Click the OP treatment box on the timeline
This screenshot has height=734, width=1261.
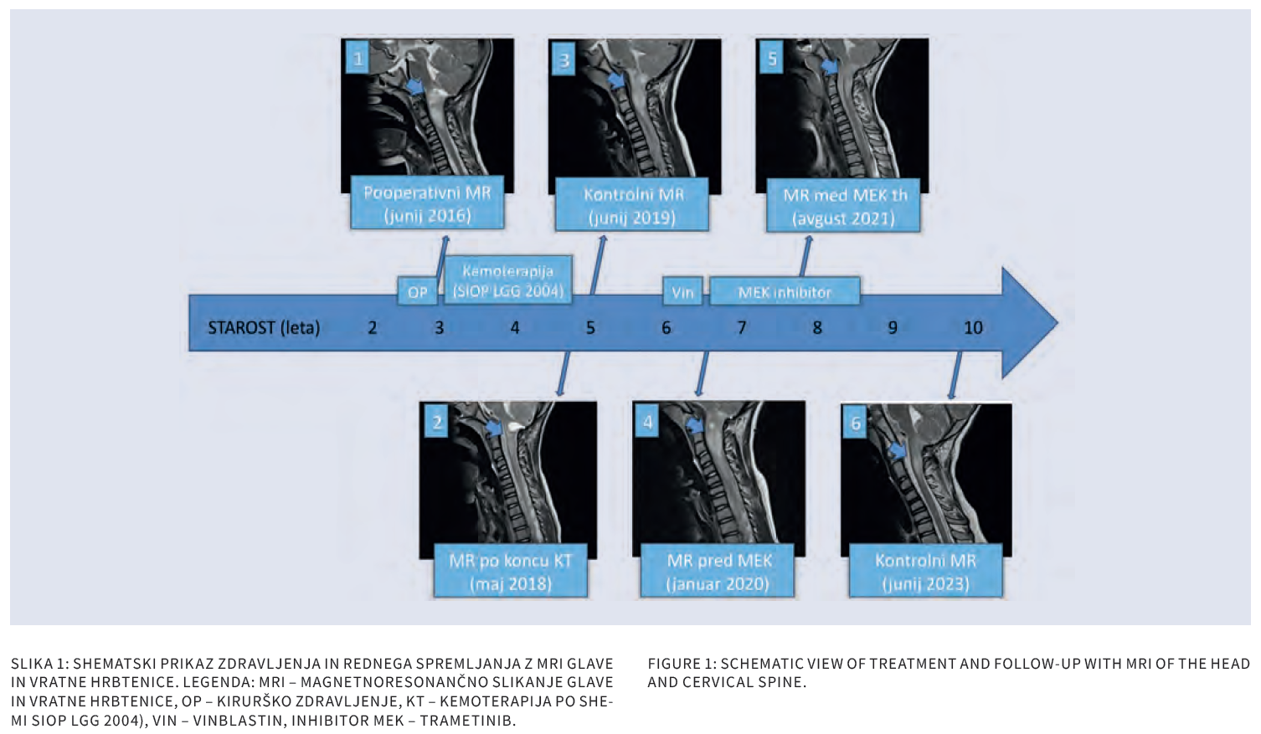click(417, 291)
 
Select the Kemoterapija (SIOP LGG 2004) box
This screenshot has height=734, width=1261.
click(507, 280)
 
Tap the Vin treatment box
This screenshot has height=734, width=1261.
click(683, 291)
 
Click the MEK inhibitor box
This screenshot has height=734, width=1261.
click(785, 291)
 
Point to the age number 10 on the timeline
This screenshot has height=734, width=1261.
click(973, 327)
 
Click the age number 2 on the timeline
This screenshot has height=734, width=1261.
click(372, 327)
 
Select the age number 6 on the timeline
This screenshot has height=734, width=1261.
click(666, 327)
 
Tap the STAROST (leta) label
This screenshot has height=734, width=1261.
click(264, 327)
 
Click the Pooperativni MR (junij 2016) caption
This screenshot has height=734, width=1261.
click(427, 203)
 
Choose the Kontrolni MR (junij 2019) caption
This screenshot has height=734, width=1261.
click(632, 205)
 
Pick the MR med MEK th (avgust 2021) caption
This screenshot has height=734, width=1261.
click(843, 205)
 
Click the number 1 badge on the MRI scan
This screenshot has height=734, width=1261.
click(358, 58)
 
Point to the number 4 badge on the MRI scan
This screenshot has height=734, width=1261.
click(647, 421)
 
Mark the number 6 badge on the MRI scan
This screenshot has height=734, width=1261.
click(856, 423)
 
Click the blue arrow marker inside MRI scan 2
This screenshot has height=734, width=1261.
click(494, 429)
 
